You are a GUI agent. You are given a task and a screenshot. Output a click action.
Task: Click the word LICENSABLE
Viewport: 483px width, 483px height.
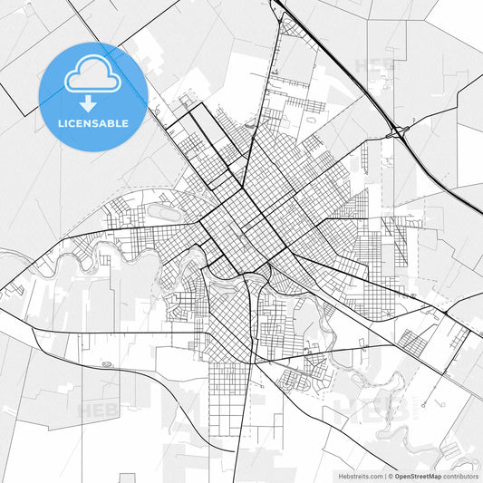(x=93, y=122)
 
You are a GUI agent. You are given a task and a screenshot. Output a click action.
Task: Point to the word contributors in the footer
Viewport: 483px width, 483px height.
(x=460, y=475)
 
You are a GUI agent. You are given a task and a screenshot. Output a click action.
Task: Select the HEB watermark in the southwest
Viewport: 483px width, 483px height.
(x=95, y=410)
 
